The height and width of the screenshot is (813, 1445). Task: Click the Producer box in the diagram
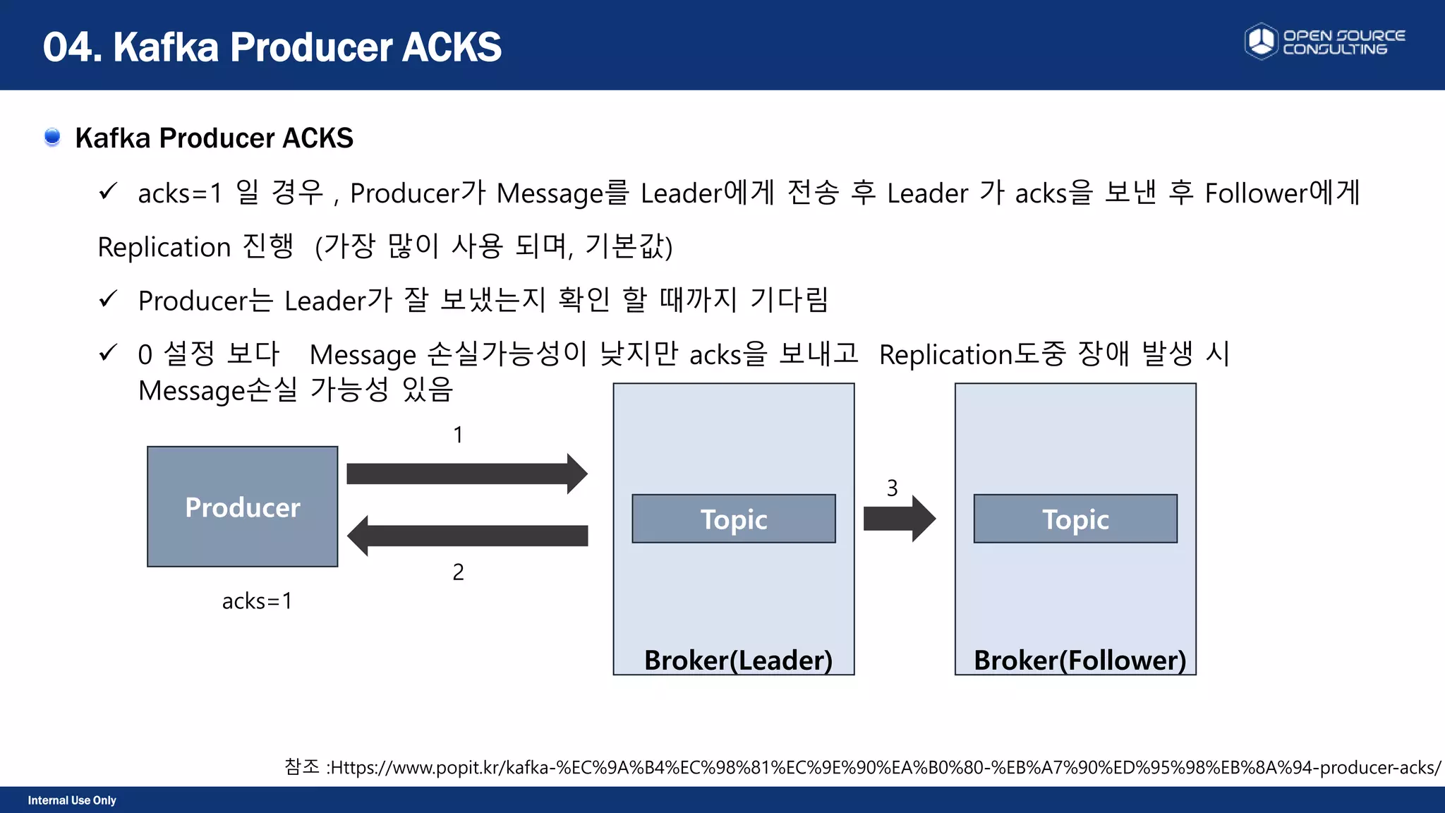click(242, 506)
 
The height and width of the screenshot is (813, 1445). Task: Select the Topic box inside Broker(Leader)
click(733, 519)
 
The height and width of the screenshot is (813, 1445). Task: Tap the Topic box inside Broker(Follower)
click(1075, 519)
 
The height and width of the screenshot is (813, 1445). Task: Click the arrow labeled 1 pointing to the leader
click(466, 474)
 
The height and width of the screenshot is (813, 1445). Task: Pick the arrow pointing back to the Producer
click(466, 536)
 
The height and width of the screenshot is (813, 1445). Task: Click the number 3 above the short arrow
click(892, 488)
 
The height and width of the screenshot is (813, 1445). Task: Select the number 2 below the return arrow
click(458, 572)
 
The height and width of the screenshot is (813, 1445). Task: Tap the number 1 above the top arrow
click(458, 435)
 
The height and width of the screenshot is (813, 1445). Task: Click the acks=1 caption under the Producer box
click(257, 601)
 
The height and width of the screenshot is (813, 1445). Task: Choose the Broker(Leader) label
click(738, 660)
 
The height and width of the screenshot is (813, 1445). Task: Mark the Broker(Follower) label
click(1080, 660)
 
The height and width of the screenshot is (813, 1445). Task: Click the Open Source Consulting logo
click(1324, 42)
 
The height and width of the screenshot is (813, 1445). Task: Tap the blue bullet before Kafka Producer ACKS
click(52, 136)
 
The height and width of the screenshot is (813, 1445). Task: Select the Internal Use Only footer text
click(72, 800)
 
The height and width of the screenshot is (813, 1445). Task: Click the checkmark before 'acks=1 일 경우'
click(108, 191)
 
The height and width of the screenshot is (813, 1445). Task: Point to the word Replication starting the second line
click(164, 247)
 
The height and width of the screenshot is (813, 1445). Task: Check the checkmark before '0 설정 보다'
click(108, 352)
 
